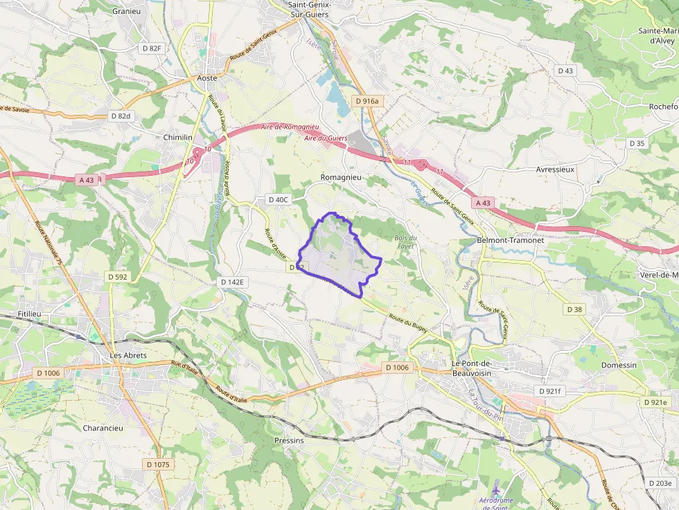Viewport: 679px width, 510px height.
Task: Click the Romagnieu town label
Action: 341,177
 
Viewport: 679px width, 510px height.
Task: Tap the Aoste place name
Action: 207,78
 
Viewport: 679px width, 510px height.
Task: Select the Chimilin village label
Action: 177,137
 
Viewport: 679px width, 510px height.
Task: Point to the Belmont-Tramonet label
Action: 511,239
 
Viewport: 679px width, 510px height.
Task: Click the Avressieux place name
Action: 556,169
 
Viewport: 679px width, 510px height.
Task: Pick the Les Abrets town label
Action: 128,355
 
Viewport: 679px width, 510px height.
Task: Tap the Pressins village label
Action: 289,440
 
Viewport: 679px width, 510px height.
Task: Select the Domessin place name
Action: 619,365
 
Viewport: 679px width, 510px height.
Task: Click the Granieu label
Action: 127,11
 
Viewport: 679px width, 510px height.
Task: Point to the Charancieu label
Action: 103,428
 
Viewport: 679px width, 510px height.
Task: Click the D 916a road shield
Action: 367,101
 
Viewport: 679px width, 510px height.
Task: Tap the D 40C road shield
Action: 277,199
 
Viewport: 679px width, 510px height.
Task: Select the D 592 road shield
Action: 117,277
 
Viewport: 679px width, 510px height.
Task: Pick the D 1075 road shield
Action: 158,464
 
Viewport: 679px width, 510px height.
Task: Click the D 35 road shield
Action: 637,143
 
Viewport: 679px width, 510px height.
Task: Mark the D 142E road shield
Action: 233,282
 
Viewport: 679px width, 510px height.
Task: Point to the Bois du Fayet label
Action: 405,242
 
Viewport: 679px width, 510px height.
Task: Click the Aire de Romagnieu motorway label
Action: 290,127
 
